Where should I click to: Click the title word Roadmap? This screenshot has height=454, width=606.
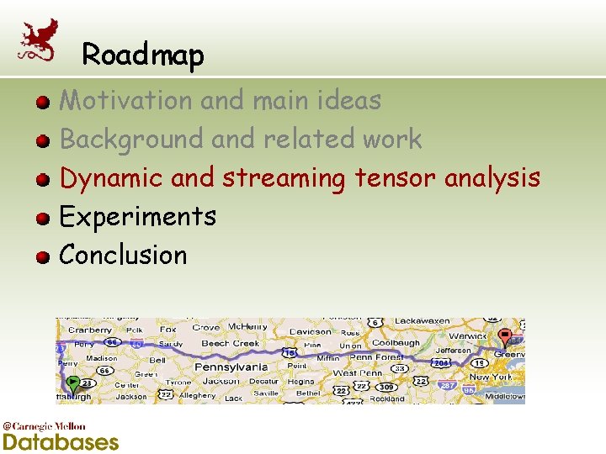click(143, 55)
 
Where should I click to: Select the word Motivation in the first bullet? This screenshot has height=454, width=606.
click(126, 101)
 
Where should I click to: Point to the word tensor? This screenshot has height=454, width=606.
click(395, 178)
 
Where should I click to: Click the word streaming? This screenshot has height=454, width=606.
click(284, 179)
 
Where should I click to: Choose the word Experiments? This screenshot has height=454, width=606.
click(138, 217)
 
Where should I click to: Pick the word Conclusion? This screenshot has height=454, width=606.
click(124, 255)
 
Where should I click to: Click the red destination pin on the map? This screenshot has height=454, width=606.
click(504, 337)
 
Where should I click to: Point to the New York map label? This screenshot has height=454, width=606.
click(490, 377)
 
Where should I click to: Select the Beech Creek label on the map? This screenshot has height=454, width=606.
click(230, 344)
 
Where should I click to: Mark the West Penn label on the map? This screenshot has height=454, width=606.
click(357, 372)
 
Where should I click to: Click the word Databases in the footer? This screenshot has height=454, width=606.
click(61, 441)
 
